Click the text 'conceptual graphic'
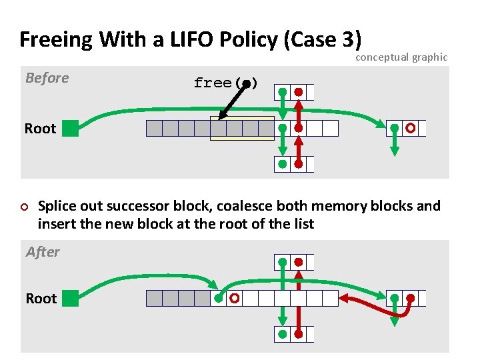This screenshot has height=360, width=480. click(x=401, y=57)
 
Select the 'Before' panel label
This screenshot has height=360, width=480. click(x=47, y=78)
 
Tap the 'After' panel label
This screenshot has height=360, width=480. click(x=42, y=252)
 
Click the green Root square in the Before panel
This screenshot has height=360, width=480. click(x=70, y=128)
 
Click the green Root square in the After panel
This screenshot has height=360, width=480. click(x=70, y=298)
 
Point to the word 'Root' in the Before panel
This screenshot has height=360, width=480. click(x=40, y=129)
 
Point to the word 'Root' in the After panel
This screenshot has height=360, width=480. click(x=40, y=299)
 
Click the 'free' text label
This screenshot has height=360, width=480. click(x=213, y=83)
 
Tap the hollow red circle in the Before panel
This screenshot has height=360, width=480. click(x=411, y=127)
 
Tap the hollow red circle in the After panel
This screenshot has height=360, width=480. click(x=234, y=299)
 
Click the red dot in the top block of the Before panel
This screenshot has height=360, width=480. click(x=299, y=91)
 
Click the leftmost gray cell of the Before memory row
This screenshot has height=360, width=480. click(x=154, y=128)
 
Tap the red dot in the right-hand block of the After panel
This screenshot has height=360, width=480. click(x=411, y=298)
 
